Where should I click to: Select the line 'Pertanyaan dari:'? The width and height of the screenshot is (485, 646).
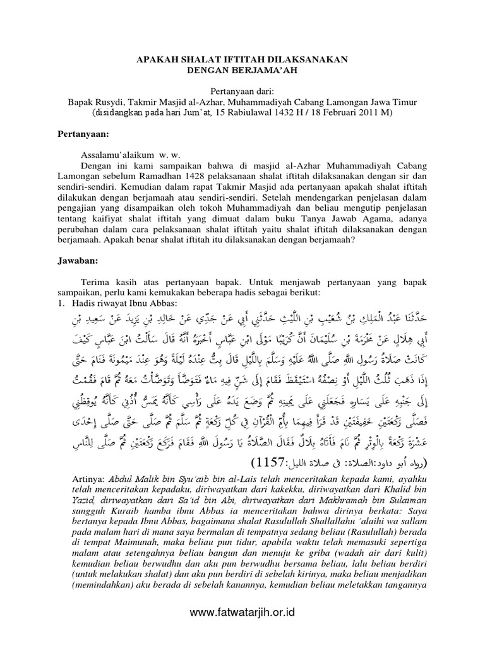[x=242, y=91]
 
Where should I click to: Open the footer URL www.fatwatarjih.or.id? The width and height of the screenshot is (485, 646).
[x=242, y=611]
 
